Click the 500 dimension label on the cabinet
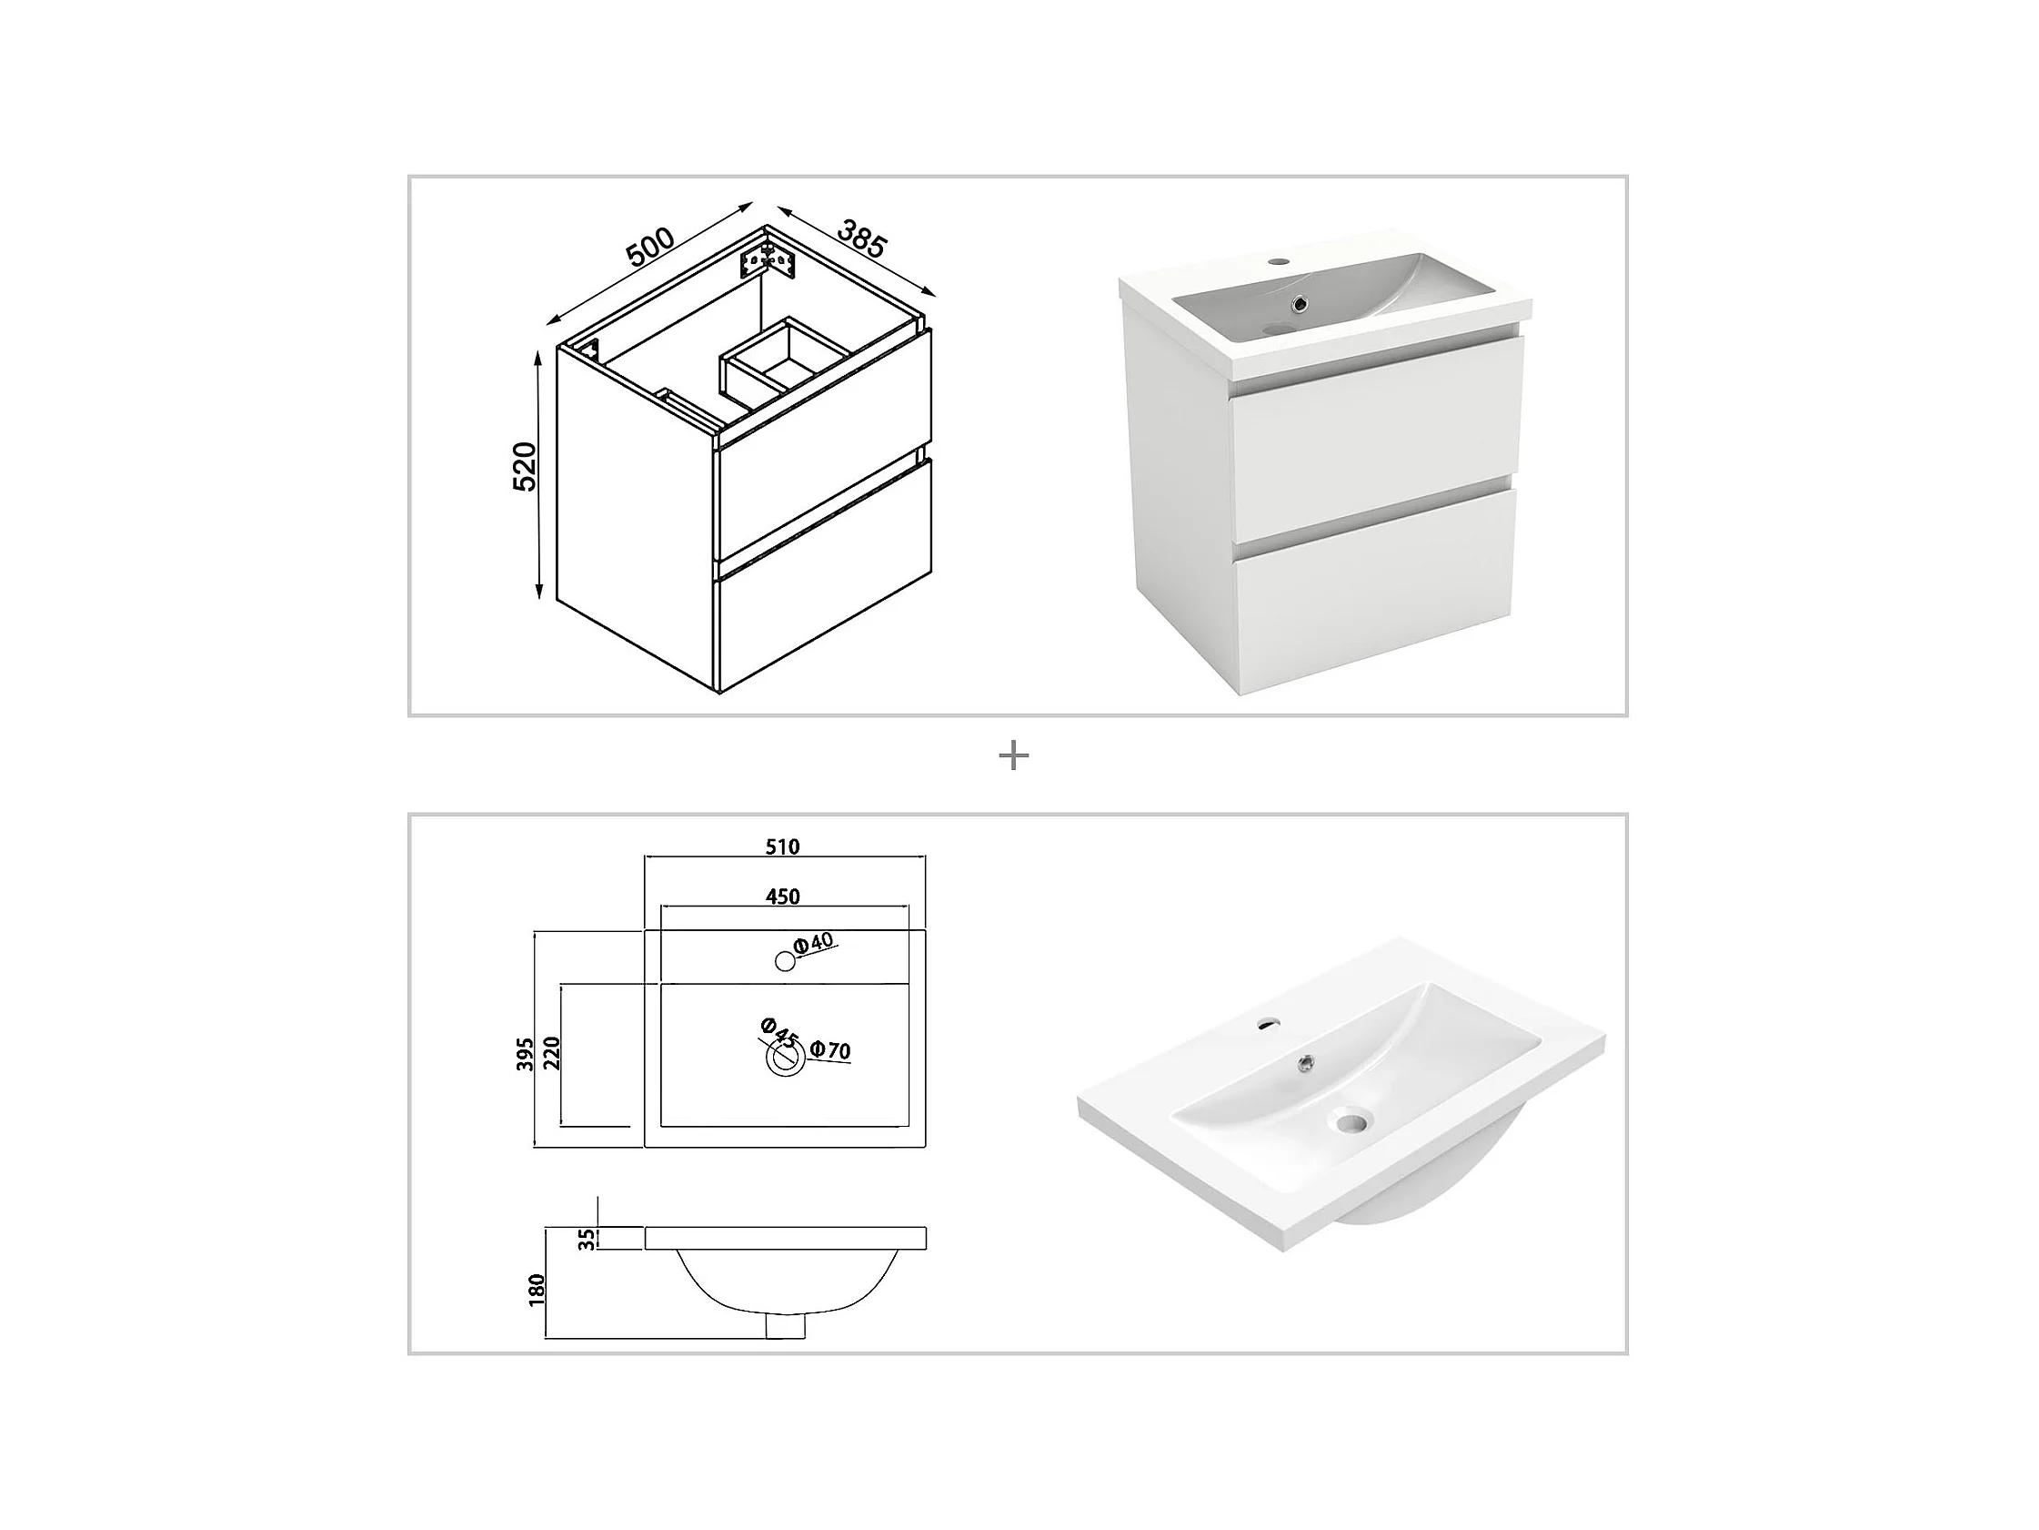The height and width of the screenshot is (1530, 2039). point(650,247)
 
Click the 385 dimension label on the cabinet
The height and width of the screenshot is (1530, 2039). point(862,238)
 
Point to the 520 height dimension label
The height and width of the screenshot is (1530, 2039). point(525,467)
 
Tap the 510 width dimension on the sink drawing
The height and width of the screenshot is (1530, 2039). point(783,846)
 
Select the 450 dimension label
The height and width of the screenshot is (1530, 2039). point(783,897)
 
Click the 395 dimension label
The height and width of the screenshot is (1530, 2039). point(526,1054)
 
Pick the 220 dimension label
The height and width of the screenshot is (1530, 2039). point(552,1052)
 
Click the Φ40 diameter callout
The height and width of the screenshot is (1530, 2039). point(813,943)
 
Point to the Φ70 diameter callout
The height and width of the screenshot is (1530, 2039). point(830,1049)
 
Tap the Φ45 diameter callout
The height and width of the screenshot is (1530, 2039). point(778,1032)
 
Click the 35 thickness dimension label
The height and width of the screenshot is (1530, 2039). point(588,1240)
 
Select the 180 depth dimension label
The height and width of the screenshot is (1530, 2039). point(537,1290)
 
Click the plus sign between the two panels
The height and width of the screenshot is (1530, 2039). point(1014,756)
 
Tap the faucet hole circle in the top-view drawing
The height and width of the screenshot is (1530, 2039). point(786,961)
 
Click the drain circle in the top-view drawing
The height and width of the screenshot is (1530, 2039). point(786,1059)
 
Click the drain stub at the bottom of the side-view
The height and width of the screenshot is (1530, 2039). point(786,1325)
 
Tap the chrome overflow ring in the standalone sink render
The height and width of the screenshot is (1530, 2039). point(1305,1064)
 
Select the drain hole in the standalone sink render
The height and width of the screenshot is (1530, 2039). point(1351,1122)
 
